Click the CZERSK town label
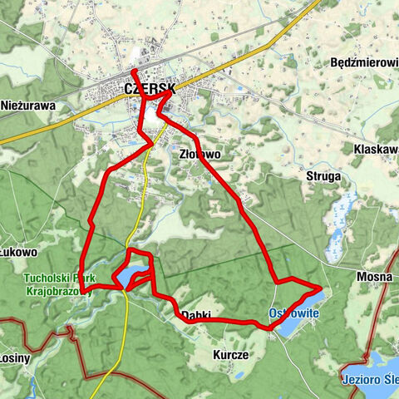pos(150,88)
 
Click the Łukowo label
pos(19,252)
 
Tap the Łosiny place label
pos(15,358)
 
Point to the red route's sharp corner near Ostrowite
pos(320,288)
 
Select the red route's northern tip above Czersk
pos(132,70)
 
